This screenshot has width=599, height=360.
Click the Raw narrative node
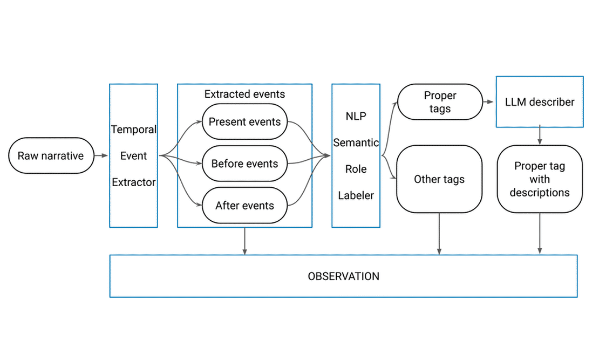click(x=51, y=155)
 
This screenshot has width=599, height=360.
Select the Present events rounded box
click(x=244, y=122)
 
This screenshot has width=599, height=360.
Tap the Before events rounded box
click(x=244, y=164)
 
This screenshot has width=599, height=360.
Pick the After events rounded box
click(x=244, y=205)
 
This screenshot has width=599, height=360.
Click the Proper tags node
click(x=440, y=102)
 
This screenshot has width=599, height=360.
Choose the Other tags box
click(x=439, y=179)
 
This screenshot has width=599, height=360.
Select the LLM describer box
click(x=539, y=102)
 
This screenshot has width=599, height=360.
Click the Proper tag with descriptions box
click(x=539, y=179)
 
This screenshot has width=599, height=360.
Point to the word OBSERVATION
click(x=343, y=276)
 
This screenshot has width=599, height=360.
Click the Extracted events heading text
click(x=244, y=94)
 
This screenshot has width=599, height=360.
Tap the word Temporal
click(x=133, y=130)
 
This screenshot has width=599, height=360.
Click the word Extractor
click(x=133, y=182)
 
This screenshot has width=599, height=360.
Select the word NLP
click(x=356, y=116)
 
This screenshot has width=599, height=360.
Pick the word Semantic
click(x=356, y=143)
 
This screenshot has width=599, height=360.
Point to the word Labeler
click(x=356, y=195)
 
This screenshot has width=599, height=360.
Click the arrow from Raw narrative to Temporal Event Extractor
click(x=101, y=155)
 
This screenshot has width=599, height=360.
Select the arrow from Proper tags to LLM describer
click(x=489, y=102)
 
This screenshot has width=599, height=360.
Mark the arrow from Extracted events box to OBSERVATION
click(x=244, y=241)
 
